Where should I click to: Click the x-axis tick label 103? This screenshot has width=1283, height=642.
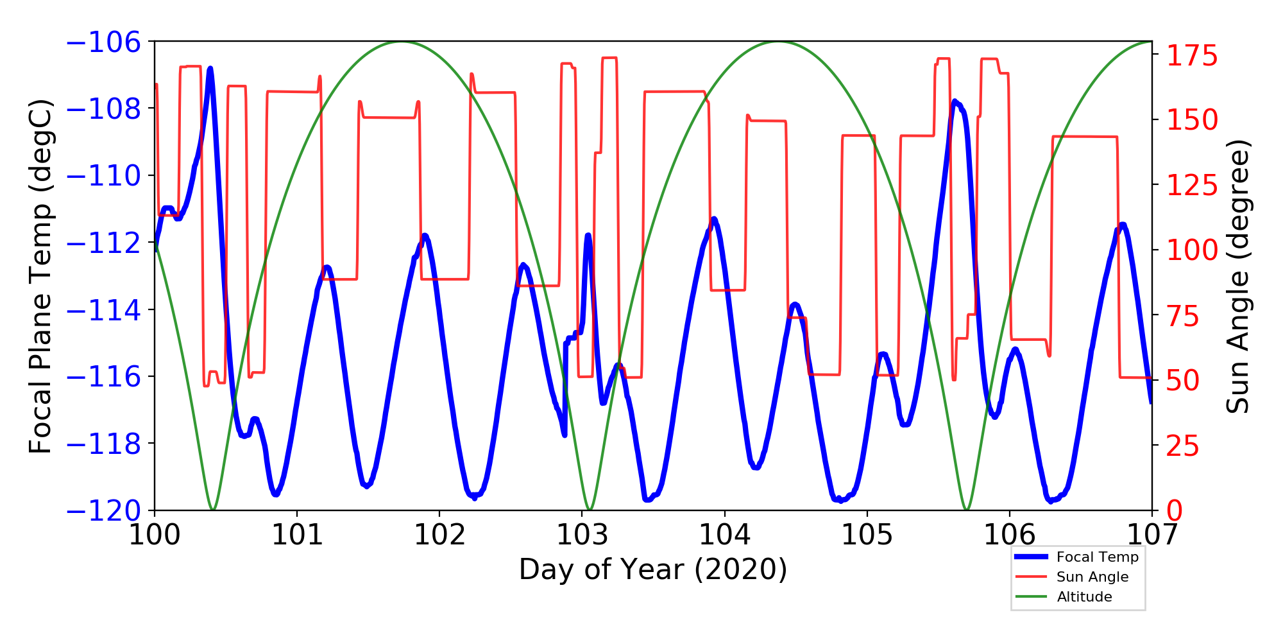pyautogui.click(x=582, y=534)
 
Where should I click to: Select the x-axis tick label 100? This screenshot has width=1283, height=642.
pyautogui.click(x=155, y=534)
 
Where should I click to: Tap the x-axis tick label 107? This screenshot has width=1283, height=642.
pyautogui.click(x=1152, y=534)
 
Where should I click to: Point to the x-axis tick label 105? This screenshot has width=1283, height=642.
pyautogui.click(x=867, y=534)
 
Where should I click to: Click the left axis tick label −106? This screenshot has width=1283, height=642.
pyautogui.click(x=103, y=42)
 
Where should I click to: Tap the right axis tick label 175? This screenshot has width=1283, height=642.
pyautogui.click(x=1192, y=56)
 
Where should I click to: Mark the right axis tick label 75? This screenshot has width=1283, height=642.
pyautogui.click(x=1183, y=317)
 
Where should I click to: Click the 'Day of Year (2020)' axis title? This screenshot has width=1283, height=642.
pyautogui.click(x=652, y=569)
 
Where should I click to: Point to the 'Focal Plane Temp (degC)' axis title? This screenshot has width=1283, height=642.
pyautogui.click(x=40, y=276)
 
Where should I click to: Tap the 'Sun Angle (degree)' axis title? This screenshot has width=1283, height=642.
pyautogui.click(x=1238, y=276)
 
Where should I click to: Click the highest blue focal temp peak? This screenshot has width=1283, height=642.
pyautogui.click(x=210, y=68)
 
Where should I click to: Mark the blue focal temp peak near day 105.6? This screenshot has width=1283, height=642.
pyautogui.click(x=955, y=101)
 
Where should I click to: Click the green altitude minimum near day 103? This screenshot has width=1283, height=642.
pyautogui.click(x=590, y=510)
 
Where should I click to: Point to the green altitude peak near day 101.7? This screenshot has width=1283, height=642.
pyautogui.click(x=402, y=42)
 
